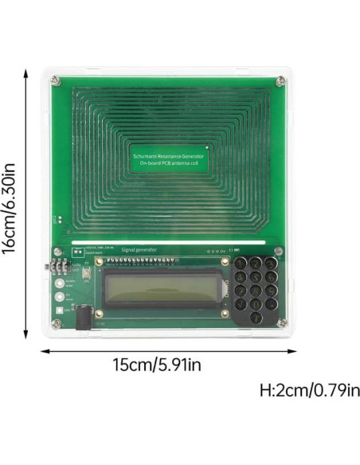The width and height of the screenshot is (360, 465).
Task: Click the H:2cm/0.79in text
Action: [307, 391]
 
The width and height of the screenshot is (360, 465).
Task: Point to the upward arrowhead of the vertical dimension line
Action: [27, 70]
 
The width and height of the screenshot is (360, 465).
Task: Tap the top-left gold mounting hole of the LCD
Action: [100, 261]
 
